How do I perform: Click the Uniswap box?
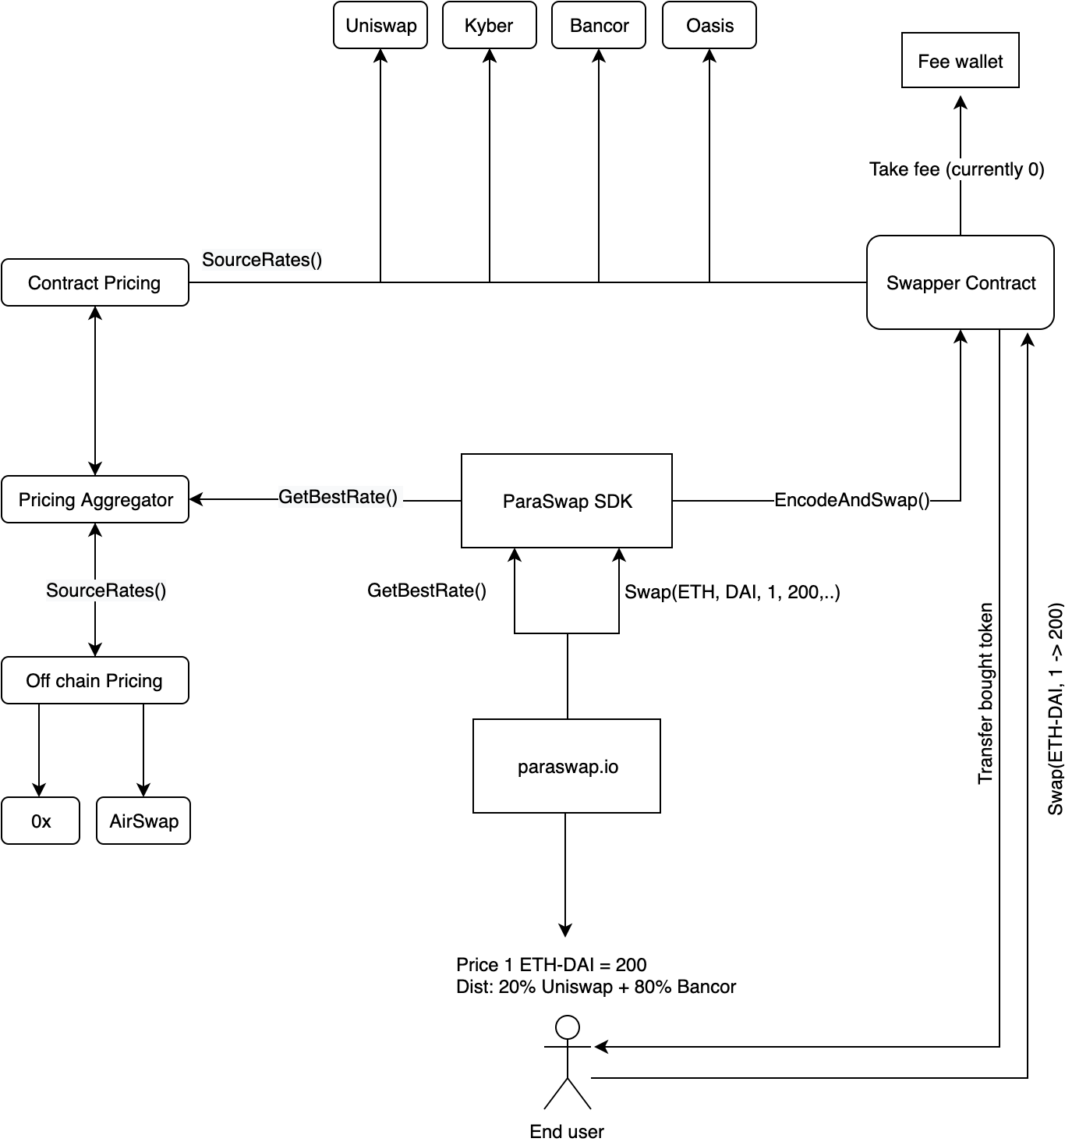tap(380, 25)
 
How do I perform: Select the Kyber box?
tap(489, 25)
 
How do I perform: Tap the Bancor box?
tap(598, 25)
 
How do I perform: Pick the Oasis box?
tap(709, 25)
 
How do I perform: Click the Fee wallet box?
tap(960, 60)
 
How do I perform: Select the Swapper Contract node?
tap(960, 282)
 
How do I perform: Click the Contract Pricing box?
tap(95, 282)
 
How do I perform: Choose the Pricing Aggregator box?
tap(95, 499)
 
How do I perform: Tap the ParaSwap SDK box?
tap(567, 501)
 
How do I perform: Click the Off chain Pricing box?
tap(95, 680)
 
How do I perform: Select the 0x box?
tap(41, 821)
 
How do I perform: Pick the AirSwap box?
tap(143, 821)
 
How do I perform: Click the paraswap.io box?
tap(567, 766)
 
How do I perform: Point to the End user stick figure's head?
tap(568, 1027)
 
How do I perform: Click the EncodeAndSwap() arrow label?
tap(852, 500)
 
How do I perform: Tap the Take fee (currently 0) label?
tap(957, 169)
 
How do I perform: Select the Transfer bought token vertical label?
tap(985, 693)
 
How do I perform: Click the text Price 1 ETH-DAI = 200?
tap(551, 964)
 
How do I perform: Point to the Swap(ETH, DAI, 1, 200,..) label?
tap(732, 592)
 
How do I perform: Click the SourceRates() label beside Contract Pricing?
tap(261, 260)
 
